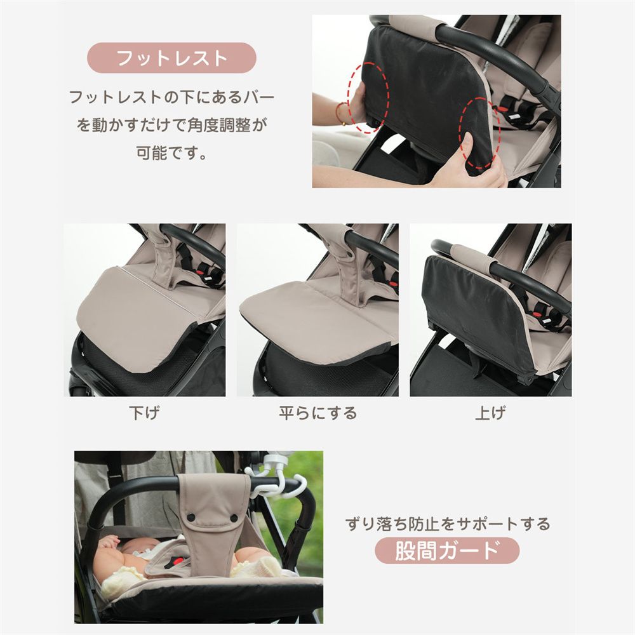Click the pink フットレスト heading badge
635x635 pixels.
pos(171,58)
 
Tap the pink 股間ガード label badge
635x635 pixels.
pos(446,550)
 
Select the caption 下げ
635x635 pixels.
pos(144,413)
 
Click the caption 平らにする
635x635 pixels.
pos(317,413)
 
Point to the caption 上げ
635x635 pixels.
pos(490,413)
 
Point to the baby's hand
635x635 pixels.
pos(109,542)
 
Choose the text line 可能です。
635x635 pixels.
pos(171,154)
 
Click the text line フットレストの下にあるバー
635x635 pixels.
pos(171,98)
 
